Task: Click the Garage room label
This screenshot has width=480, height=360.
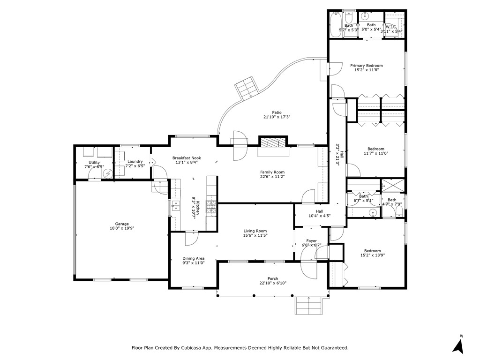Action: click(122, 224)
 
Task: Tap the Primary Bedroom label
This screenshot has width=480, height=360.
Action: click(367, 66)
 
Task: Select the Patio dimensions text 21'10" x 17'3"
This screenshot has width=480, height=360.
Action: click(277, 117)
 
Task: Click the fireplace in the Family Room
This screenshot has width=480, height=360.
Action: click(273, 143)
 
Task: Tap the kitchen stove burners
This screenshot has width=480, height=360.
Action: click(211, 207)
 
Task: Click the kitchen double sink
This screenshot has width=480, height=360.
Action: click(176, 206)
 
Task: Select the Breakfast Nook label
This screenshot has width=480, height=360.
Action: click(187, 158)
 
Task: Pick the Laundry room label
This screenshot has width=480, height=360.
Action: click(135, 161)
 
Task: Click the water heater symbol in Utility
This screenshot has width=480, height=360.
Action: click(107, 174)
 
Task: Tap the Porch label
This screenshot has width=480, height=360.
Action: click(273, 278)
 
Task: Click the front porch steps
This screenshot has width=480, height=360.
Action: click(308, 305)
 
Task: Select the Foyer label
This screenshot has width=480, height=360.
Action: click(312, 241)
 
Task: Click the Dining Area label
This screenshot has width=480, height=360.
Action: click(194, 258)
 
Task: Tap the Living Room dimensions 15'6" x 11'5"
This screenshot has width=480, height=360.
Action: click(255, 235)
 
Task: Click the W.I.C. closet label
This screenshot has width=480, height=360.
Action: click(391, 27)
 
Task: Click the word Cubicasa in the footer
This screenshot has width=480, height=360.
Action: click(192, 348)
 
